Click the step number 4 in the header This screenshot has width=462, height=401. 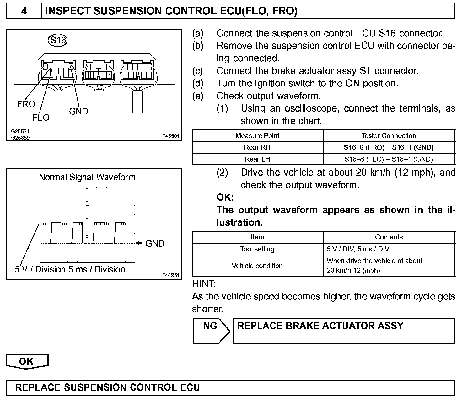[x=24, y=11]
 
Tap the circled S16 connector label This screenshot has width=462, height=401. [x=58, y=40]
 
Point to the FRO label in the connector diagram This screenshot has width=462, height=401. [x=26, y=104]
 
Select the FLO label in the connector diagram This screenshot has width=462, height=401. [x=41, y=118]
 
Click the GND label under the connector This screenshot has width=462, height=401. [x=78, y=111]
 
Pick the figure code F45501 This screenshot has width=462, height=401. [x=171, y=136]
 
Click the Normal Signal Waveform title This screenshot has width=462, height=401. [x=87, y=177]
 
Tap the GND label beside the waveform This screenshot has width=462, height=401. [x=155, y=244]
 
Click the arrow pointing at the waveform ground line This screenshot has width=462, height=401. [x=139, y=243]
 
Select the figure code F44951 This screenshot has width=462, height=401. [x=171, y=275]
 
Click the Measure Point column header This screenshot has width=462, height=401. [x=257, y=136]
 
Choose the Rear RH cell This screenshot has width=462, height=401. [x=257, y=147]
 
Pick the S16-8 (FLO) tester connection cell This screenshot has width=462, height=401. [x=389, y=159]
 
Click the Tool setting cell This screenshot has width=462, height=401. [x=257, y=249]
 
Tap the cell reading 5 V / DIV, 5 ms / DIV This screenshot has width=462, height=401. [x=358, y=249]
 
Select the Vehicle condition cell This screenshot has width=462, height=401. [x=257, y=266]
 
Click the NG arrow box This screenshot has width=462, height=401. [x=211, y=331]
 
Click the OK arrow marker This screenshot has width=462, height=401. [x=27, y=361]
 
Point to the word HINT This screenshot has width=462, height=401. [x=204, y=284]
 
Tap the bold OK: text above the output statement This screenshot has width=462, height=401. [x=225, y=197]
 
